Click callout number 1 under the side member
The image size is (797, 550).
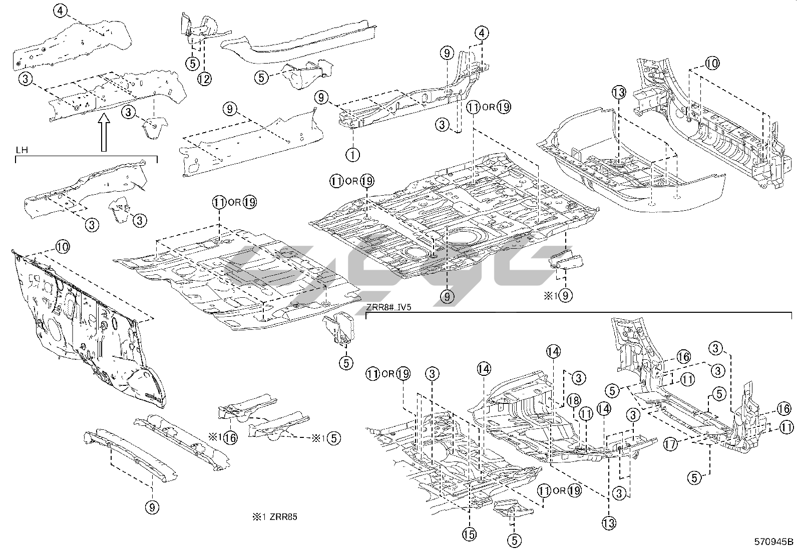(x=353, y=154)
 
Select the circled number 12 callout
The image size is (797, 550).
(x=204, y=78)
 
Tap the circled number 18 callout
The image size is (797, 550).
(x=574, y=400)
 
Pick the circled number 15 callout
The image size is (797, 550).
(x=469, y=534)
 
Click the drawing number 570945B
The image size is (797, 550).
(x=774, y=541)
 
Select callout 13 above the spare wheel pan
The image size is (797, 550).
(x=619, y=92)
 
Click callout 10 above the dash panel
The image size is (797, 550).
(x=62, y=247)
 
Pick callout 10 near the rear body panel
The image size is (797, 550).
(x=712, y=64)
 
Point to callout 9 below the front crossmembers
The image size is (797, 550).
(x=153, y=507)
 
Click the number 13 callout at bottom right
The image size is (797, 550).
(x=609, y=523)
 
